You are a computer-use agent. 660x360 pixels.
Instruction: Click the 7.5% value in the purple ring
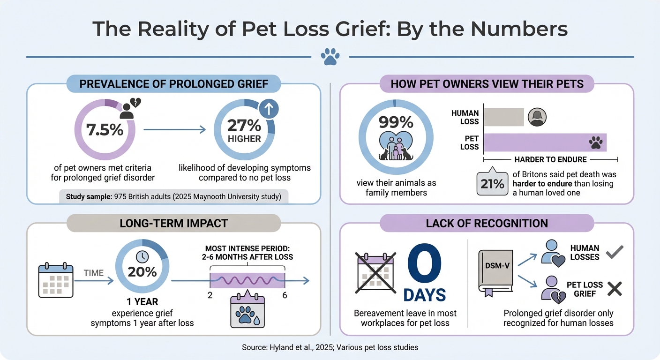click(105, 130)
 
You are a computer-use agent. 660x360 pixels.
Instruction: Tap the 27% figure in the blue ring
click(244, 126)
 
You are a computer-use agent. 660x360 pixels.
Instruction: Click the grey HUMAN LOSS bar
click(503, 117)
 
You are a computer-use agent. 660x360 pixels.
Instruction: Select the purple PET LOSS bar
click(545, 142)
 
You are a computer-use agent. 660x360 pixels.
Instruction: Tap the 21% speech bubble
click(492, 184)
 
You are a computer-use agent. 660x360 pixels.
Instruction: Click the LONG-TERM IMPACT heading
click(173, 224)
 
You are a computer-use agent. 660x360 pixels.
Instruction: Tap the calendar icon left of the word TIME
click(56, 280)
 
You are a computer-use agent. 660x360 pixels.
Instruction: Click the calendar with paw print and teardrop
click(247, 311)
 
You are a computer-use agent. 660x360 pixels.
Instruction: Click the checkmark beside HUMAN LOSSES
click(614, 254)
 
